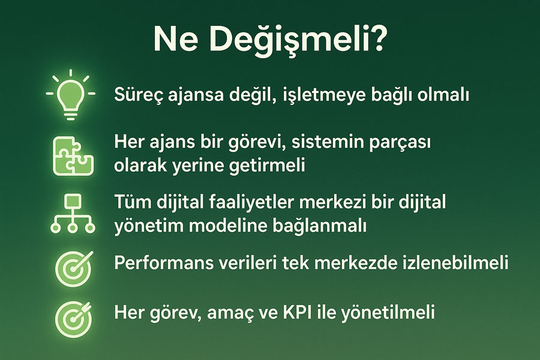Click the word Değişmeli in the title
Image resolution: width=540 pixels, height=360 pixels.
297,41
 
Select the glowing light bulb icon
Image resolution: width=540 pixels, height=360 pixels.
71,95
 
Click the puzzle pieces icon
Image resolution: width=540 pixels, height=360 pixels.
73,157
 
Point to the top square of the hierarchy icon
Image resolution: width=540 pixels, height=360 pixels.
73,201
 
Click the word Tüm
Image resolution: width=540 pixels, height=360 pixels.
133,202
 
